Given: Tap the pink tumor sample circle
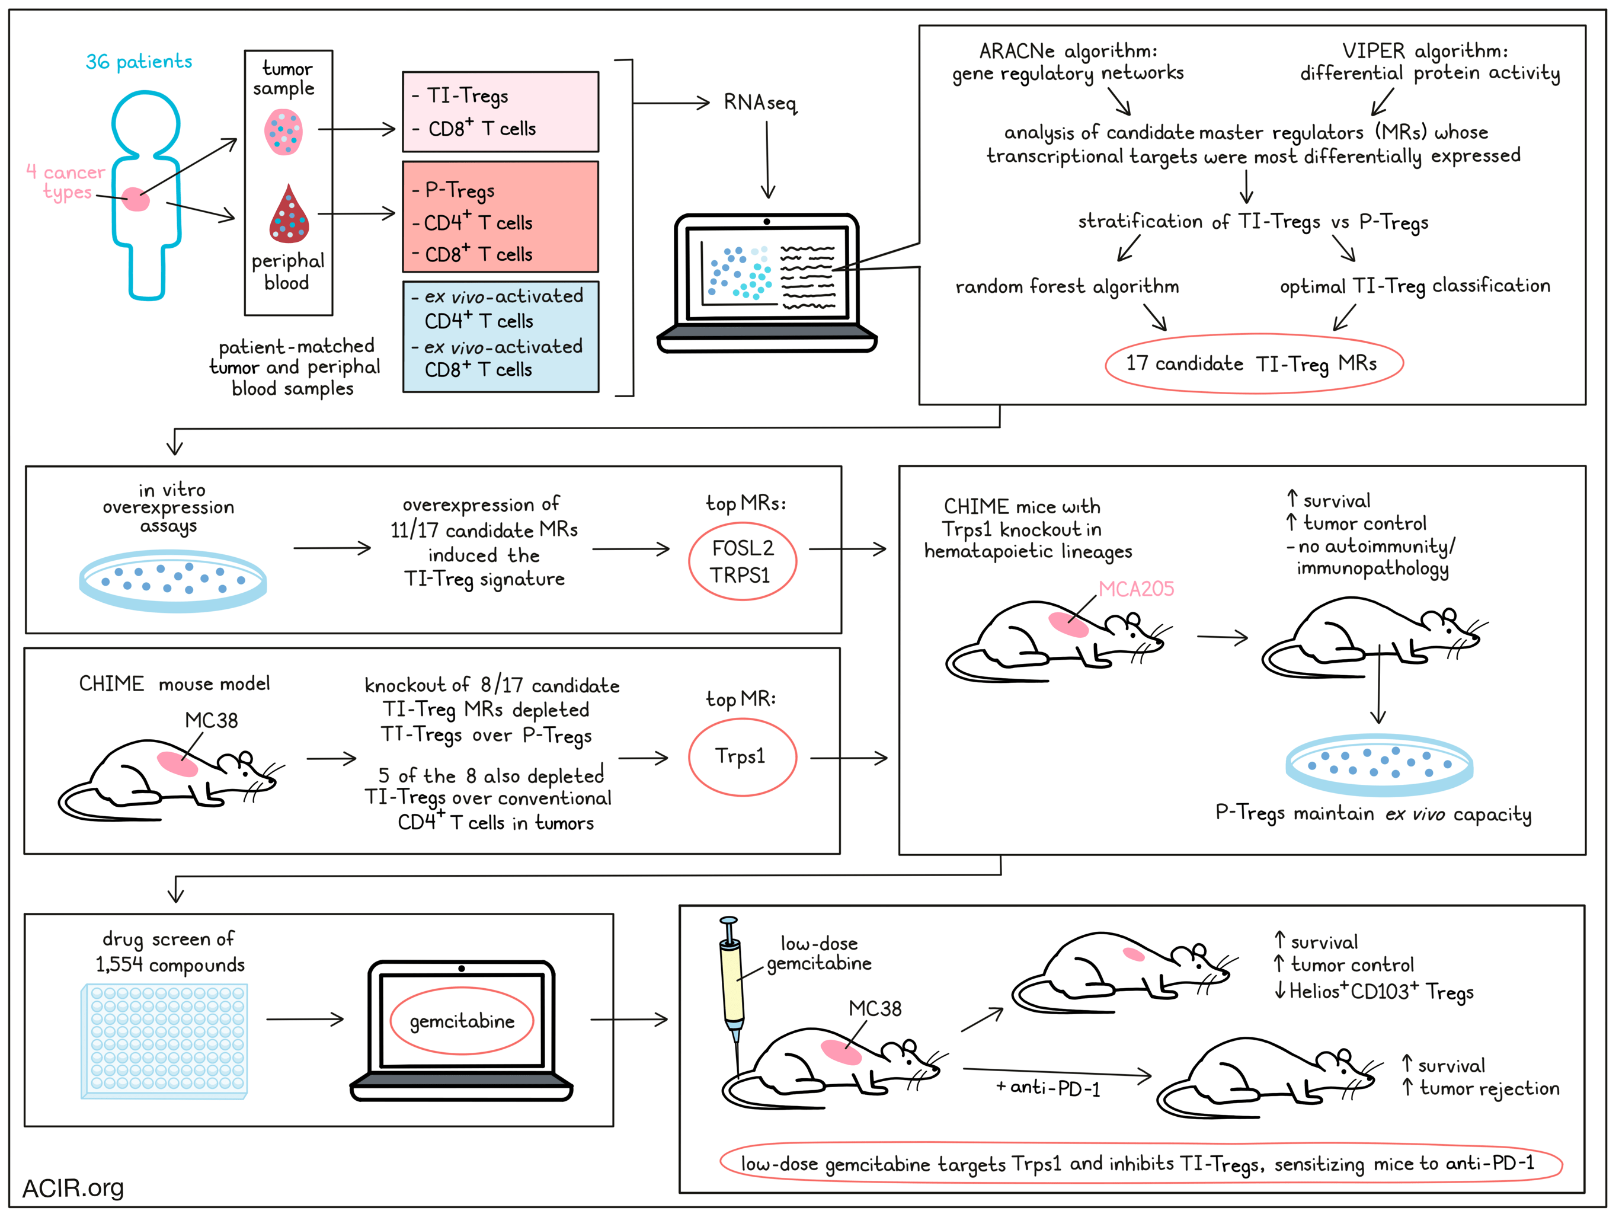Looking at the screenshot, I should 283,132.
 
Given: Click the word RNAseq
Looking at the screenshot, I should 760,103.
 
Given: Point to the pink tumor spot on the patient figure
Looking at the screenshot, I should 135,199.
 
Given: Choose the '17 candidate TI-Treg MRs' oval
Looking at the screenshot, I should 1253,364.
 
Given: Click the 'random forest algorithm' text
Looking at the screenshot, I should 1067,286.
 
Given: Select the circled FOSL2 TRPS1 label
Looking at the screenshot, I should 741,561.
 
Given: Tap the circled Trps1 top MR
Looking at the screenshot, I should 741,756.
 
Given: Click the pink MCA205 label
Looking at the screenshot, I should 1135,589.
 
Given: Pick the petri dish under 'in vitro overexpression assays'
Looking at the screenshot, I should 172,580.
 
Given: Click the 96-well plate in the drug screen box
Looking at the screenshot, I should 164,1040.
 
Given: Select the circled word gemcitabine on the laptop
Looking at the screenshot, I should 462,1021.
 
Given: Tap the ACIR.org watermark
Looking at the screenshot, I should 73,1188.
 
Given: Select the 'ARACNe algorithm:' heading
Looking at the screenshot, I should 1068,51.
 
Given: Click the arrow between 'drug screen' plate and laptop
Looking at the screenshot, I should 305,1018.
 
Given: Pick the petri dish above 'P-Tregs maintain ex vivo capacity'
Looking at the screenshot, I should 1379,765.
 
